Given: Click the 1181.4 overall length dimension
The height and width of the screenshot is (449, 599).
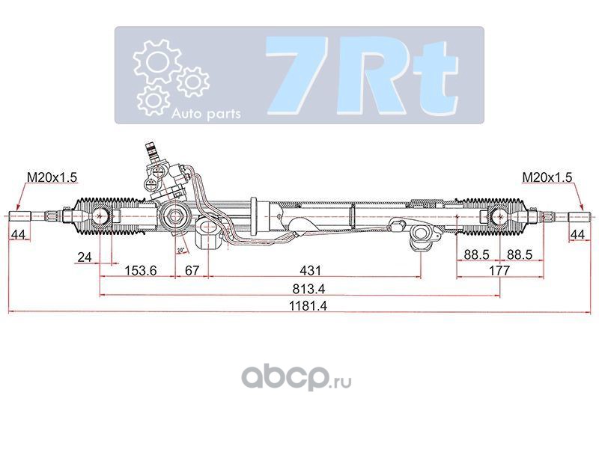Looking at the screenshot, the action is [308, 306].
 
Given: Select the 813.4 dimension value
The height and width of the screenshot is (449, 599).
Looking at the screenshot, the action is [308, 289].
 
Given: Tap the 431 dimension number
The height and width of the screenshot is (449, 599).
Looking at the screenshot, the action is [310, 270].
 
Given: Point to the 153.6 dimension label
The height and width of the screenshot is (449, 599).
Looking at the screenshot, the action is [141, 270].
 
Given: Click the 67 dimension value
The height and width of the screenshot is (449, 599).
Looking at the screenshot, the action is [192, 270].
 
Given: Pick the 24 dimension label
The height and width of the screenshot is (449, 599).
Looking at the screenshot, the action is [85, 257].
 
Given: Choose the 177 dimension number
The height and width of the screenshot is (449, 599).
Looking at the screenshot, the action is [499, 270].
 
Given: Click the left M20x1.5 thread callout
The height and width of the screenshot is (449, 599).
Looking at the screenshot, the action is [52, 177].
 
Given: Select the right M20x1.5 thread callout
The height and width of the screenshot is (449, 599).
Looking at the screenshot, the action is [547, 177].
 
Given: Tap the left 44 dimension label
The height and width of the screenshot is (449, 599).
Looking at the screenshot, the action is [18, 234].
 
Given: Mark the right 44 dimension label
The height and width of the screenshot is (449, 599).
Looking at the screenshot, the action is [577, 234].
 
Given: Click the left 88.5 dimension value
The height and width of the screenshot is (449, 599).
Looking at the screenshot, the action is [476, 254].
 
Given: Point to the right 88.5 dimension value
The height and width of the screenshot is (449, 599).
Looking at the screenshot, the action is [520, 254].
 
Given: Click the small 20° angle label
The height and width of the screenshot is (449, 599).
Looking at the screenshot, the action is [181, 251].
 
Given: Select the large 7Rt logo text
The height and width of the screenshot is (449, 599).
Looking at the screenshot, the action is [362, 76].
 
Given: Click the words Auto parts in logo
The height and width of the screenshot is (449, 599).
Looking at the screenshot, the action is [207, 114].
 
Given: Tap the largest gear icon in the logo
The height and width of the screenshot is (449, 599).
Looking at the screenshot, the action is [156, 61].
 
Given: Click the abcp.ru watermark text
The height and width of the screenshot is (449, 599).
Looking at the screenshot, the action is [297, 377].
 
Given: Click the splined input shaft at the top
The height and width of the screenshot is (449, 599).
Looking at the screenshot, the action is [151, 151].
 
